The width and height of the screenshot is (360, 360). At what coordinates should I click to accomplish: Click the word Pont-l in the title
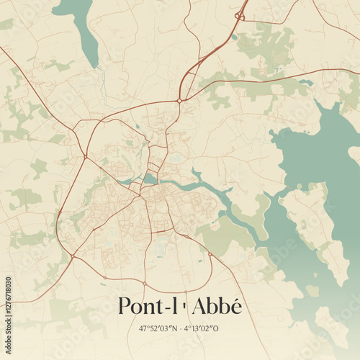[148, 306]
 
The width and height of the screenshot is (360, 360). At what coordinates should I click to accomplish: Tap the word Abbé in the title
[217, 306]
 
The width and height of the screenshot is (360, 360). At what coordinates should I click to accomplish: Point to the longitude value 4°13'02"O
[204, 328]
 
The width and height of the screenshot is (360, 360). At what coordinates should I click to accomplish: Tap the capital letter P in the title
[125, 306]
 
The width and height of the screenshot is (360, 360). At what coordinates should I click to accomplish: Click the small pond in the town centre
[150, 178]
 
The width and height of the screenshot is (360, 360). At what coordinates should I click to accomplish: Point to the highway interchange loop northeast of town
[240, 15]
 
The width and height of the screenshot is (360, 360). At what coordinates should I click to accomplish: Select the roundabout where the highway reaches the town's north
[179, 101]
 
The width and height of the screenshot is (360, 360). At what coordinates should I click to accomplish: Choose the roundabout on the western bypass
[85, 156]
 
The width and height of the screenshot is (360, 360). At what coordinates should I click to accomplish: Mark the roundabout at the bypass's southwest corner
[72, 256]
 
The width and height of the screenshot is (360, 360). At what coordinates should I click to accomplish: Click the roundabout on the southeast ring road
[210, 253]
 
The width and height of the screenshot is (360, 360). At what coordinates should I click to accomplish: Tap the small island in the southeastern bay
[312, 290]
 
